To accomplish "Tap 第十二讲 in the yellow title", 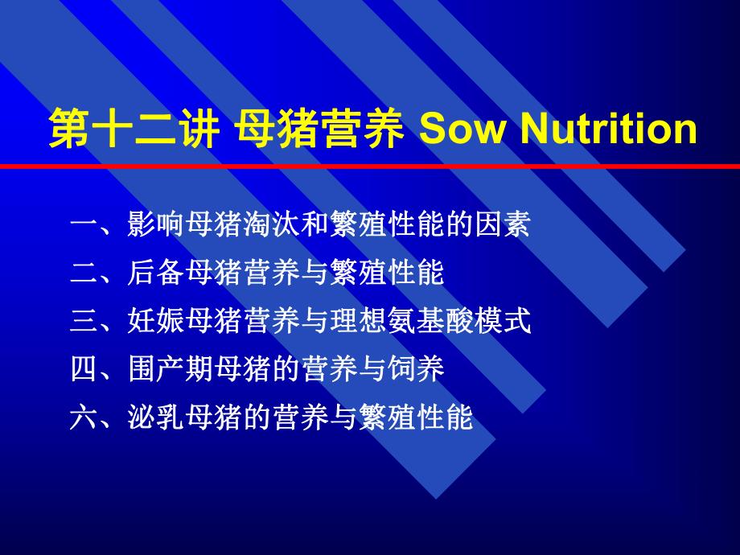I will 134,130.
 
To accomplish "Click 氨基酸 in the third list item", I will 430,322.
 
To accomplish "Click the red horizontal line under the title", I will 370,166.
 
